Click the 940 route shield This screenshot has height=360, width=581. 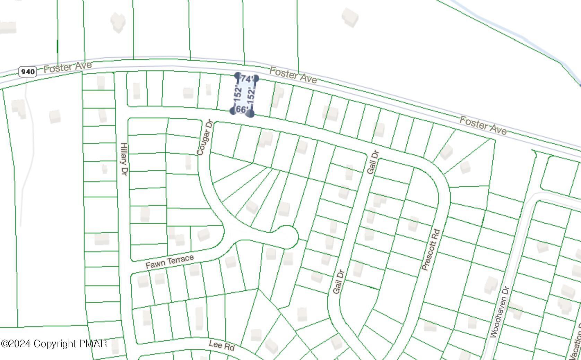tap(27, 72)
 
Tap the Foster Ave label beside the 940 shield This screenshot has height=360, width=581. tap(68, 67)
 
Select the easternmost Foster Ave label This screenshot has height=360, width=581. tap(483, 126)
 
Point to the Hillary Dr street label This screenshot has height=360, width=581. tap(124, 159)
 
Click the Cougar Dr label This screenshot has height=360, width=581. tap(204, 138)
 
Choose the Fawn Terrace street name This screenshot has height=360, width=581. tap(170, 261)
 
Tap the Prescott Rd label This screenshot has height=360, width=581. tap(431, 249)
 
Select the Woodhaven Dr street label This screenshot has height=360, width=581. tap(500, 311)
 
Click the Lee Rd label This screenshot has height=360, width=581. tap(222, 345)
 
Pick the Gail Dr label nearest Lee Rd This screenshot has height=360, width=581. tap(338, 282)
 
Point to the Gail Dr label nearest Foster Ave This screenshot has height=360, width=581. tap(373, 162)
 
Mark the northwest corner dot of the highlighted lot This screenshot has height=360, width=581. tap(237, 76)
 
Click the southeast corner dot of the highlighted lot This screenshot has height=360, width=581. tap(251, 113)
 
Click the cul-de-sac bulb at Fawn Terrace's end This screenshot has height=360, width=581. tap(287, 237)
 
